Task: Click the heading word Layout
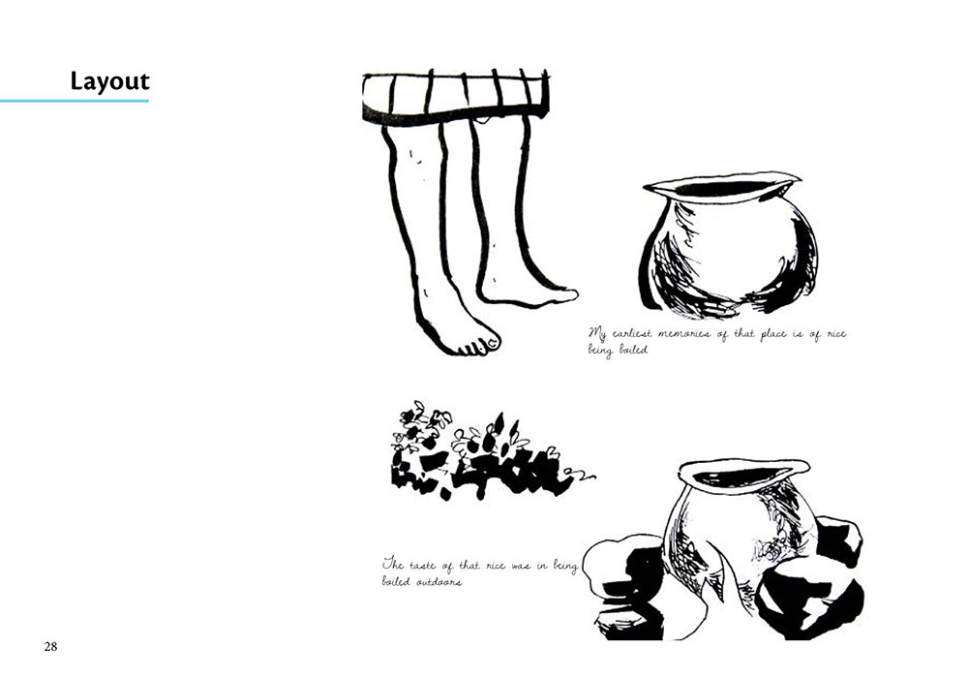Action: [x=110, y=81]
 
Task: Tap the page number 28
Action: [x=50, y=646]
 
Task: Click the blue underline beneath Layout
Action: [x=75, y=101]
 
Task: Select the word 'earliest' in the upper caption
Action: [x=631, y=334]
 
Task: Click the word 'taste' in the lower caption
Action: [x=423, y=566]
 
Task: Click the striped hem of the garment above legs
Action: [x=456, y=96]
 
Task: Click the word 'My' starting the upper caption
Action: [x=597, y=335]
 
